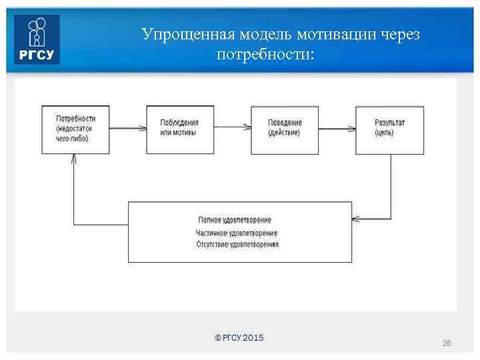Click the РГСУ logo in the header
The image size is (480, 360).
37,39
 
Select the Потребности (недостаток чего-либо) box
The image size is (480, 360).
75,129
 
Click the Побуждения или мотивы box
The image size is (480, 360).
180,129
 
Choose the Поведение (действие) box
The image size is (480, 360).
285,129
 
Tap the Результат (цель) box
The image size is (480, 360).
389,129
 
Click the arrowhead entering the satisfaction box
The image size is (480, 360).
356,219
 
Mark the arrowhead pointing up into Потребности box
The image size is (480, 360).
74,159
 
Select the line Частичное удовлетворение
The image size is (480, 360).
237,233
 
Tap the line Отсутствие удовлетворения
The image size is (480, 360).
237,245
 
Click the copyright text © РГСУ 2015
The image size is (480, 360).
239,338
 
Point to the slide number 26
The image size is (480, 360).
447,343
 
